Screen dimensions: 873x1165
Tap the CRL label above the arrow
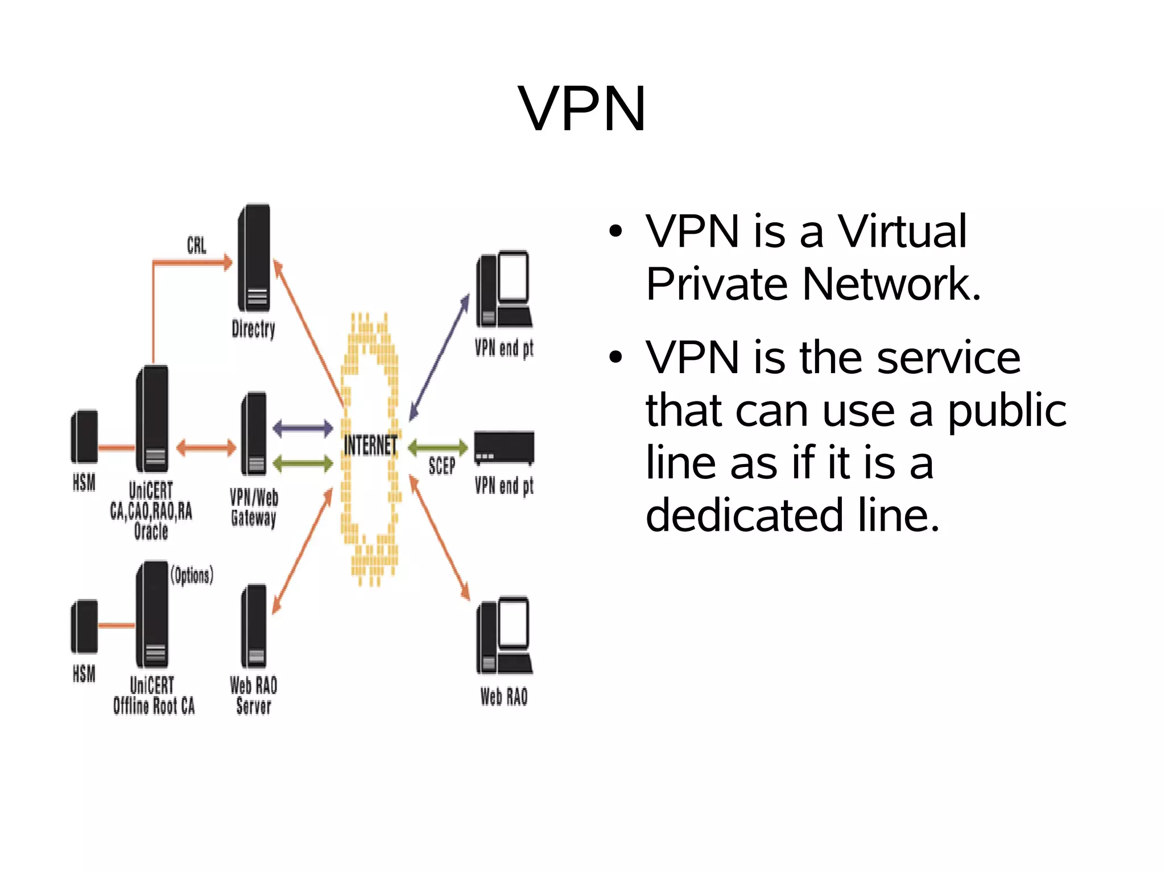pyautogui.click(x=196, y=245)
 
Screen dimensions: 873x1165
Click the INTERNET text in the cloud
pyautogui.click(x=370, y=445)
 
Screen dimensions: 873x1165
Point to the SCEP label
pyautogui.click(x=441, y=466)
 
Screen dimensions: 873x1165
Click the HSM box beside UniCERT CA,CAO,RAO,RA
pyautogui.click(x=84, y=436)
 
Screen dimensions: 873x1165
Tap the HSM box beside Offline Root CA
pyautogui.click(x=84, y=626)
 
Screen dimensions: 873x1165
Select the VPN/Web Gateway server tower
pyautogui.click(x=254, y=433)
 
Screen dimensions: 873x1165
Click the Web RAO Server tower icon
pyautogui.click(x=254, y=626)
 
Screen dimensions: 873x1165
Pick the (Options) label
pyautogui.click(x=192, y=575)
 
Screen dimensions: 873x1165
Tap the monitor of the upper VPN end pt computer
pyautogui.click(x=514, y=277)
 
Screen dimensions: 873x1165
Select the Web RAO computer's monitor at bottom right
pyautogui.click(x=514, y=623)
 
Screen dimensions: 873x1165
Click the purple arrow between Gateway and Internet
pyautogui.click(x=303, y=428)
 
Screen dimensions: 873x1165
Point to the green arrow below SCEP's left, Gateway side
pyautogui.click(x=303, y=464)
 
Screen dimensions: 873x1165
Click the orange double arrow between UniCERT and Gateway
pyautogui.click(x=205, y=448)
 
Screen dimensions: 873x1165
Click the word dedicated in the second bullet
pyautogui.click(x=744, y=515)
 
